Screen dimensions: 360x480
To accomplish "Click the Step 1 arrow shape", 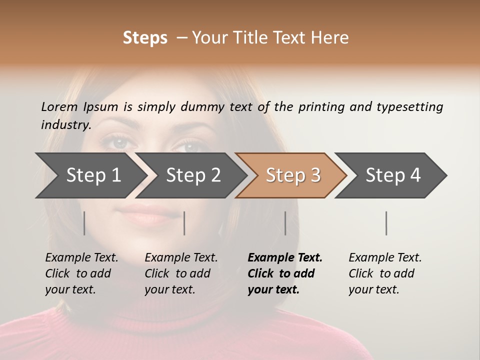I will pyautogui.click(x=90, y=175).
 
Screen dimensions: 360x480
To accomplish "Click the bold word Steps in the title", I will pyautogui.click(x=145, y=37).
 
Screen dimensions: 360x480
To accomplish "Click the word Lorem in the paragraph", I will pyautogui.click(x=59, y=106).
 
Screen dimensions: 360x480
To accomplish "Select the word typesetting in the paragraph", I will pyautogui.click(x=409, y=106).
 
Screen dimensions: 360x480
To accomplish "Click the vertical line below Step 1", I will pyautogui.click(x=84, y=223).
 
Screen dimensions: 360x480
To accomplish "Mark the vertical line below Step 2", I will pyautogui.click(x=184, y=223).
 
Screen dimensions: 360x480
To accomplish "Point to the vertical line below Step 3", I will pyautogui.click(x=285, y=223).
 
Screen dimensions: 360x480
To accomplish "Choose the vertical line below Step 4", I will pyautogui.click(x=386, y=223).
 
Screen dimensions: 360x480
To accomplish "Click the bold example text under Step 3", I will pyautogui.click(x=284, y=273).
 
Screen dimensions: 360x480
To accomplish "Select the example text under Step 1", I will pyautogui.click(x=81, y=273).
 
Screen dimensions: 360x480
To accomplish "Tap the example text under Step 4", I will pyautogui.click(x=384, y=273).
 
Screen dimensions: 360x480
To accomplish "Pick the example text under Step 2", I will pyautogui.click(x=180, y=273).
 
